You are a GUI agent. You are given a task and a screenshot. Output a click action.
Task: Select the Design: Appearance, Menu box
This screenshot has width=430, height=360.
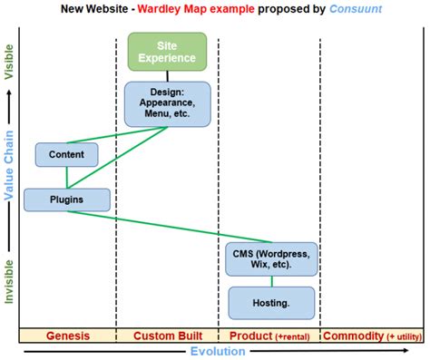[167, 103]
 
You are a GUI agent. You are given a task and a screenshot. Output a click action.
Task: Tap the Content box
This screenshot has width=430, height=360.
[66, 155]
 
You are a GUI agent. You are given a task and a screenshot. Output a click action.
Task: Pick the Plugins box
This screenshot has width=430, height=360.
[66, 199]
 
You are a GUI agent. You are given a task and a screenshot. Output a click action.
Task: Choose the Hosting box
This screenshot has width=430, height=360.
[271, 302]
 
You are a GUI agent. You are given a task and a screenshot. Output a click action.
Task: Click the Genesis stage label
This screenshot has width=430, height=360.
[67, 336]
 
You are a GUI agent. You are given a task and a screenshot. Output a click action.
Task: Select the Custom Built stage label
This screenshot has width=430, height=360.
[167, 336]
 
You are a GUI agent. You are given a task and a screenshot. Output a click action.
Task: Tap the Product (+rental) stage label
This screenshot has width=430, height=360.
[268, 336]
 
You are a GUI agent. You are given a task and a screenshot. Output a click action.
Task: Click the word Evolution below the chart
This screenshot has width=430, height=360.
[218, 352]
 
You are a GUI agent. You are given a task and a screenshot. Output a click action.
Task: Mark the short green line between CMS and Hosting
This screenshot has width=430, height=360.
[272, 280]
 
